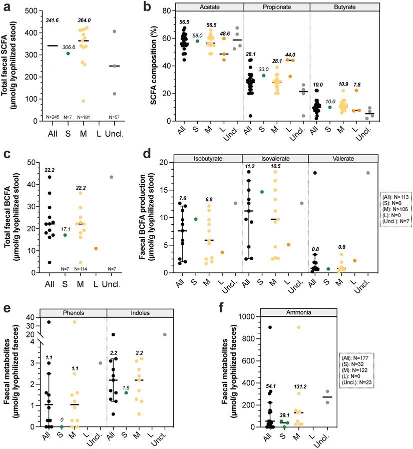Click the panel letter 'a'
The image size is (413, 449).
pyautogui.click(x=6, y=7)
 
